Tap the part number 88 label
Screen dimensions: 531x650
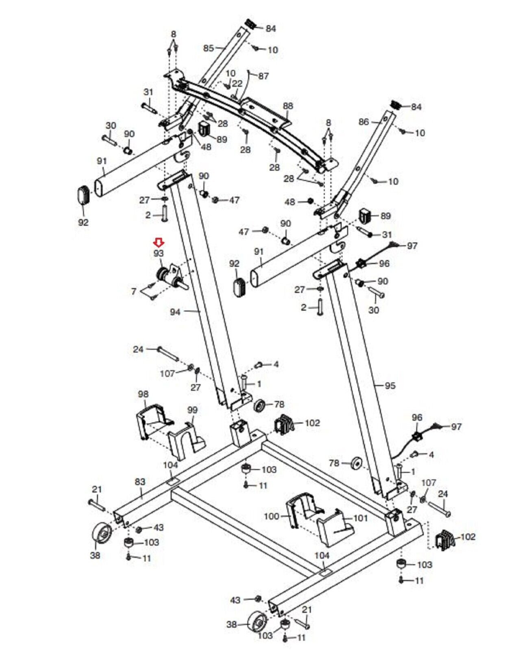point(288,106)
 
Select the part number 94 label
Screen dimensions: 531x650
point(176,312)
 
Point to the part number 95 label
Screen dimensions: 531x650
point(390,385)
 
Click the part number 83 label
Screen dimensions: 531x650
point(140,482)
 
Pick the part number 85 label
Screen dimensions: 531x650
point(209,48)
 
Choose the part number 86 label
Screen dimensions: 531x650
point(364,122)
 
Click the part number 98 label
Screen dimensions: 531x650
point(143,394)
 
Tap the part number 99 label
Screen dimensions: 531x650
point(192,411)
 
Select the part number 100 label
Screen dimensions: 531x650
point(272,516)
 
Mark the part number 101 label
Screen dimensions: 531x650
point(360,518)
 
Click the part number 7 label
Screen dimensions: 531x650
point(134,291)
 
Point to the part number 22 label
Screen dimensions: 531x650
point(237,83)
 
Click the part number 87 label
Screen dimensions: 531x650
point(263,76)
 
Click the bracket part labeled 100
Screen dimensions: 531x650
point(304,510)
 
